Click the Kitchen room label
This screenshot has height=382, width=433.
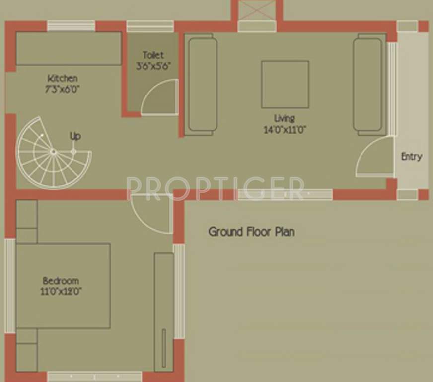pyautogui.click(x=63, y=78)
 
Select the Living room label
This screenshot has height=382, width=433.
pyautogui.click(x=285, y=118)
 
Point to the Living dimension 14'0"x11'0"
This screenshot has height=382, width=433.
pyautogui.click(x=285, y=130)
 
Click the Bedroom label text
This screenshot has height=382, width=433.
pyautogui.click(x=61, y=281)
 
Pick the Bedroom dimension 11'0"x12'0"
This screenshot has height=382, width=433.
pyautogui.click(x=61, y=292)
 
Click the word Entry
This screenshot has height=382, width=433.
pyautogui.click(x=411, y=157)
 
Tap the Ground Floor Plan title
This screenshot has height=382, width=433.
pyautogui.click(x=251, y=232)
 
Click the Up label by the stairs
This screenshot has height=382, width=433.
pyautogui.click(x=75, y=136)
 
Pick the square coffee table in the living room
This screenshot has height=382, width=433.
pyautogui.click(x=285, y=84)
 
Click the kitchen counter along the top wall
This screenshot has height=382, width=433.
pyautogui.click(x=69, y=48)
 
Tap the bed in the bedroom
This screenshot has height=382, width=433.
pyautogui.click(x=63, y=286)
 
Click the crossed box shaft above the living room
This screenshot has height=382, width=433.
pyautogui.click(x=257, y=10)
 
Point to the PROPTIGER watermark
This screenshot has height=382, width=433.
pyautogui.click(x=215, y=188)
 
